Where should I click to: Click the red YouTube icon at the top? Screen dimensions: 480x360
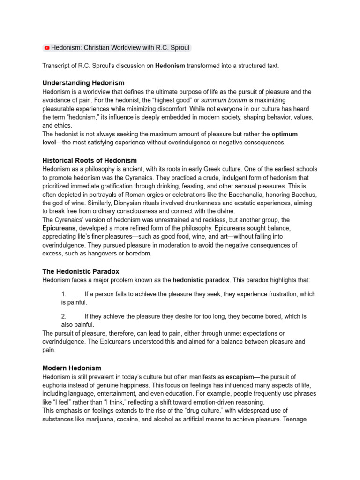pyautogui.click(x=47, y=48)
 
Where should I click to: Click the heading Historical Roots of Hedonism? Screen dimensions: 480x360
pyautogui.click(x=90, y=160)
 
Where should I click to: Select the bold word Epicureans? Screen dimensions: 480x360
pyautogui.click(x=59, y=228)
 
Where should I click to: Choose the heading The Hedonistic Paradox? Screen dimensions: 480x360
pyautogui.click(x=81, y=271)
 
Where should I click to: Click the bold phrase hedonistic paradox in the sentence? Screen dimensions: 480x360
pyautogui.click(x=201, y=280)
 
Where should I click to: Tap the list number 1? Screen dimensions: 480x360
pyautogui.click(x=64, y=294)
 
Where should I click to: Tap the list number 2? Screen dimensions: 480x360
pyautogui.click(x=64, y=316)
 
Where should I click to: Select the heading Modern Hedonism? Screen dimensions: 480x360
pyautogui.click(x=72, y=368)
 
